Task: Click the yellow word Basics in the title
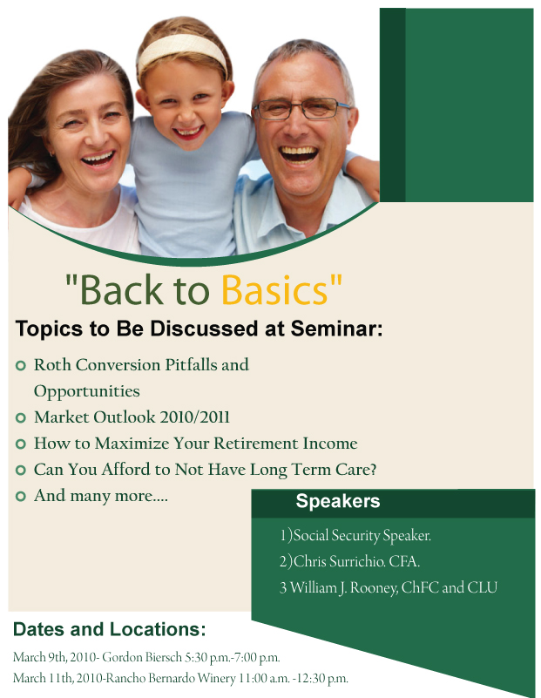(274, 290)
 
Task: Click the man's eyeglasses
(301, 109)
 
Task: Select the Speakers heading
(338, 501)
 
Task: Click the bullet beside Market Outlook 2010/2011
(20, 418)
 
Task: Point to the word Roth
(52, 365)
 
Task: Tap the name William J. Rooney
(344, 587)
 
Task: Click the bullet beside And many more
(20, 497)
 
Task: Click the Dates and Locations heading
(110, 629)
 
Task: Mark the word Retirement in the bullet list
(256, 444)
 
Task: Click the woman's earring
(52, 154)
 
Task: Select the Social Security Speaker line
(355, 535)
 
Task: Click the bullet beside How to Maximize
(20, 444)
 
